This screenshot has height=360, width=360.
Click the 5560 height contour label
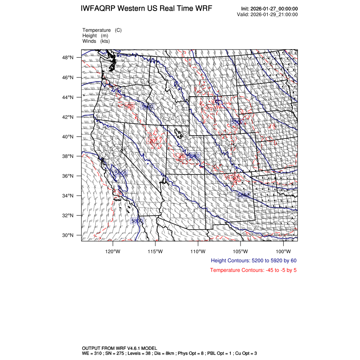236,122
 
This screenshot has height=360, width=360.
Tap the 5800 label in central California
121,173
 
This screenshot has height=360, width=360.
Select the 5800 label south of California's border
137,221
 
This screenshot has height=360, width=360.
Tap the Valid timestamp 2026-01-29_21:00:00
274,14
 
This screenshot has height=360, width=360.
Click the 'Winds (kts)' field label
96,41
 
